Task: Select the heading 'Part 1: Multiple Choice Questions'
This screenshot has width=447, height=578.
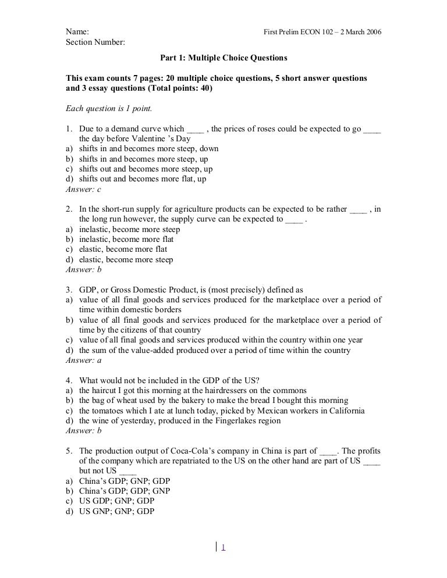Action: (x=223, y=59)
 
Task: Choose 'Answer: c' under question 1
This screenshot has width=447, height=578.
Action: (x=84, y=189)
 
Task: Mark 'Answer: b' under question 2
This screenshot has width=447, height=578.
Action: (x=84, y=269)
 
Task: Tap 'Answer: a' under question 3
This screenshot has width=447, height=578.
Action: (x=84, y=360)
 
